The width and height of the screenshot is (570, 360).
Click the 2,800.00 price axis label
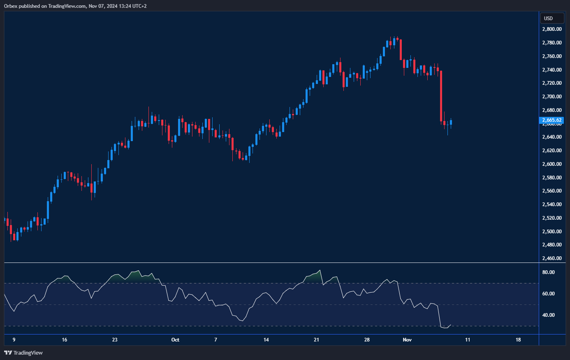click(x=551, y=29)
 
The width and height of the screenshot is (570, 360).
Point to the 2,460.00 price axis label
click(x=551, y=258)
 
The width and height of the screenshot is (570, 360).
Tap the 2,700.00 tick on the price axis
click(x=551, y=97)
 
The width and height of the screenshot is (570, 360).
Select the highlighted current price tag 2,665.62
click(x=551, y=120)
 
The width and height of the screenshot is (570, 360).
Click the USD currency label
click(x=548, y=18)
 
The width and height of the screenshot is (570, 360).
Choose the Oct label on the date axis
click(x=175, y=340)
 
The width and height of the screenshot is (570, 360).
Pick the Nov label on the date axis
click(x=407, y=340)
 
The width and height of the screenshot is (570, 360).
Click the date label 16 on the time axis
click(x=65, y=340)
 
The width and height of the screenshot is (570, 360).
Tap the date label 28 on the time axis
click(x=367, y=340)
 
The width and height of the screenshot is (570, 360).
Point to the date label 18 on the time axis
click(x=518, y=340)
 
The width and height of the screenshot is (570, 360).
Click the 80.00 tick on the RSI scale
click(x=548, y=272)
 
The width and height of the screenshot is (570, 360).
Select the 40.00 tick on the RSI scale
click(x=548, y=315)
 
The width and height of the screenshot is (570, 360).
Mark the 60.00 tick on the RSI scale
click(x=548, y=294)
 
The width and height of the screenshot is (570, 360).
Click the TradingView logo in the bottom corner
click(x=23, y=353)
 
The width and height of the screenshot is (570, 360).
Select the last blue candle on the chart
click(x=451, y=122)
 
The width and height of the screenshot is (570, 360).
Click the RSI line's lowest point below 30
click(x=445, y=328)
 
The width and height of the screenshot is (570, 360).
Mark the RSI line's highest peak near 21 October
click(x=320, y=270)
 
